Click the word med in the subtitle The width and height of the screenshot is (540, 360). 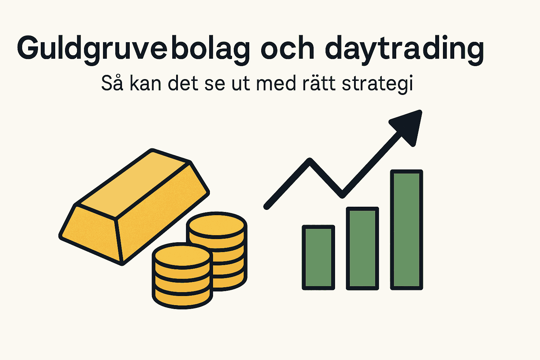(x=276, y=84)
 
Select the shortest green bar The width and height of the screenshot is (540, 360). (x=319, y=257)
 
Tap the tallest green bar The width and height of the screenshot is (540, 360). (x=407, y=230)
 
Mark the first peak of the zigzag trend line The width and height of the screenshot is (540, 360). (x=310, y=161)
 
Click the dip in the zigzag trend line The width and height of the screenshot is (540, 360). (x=342, y=194)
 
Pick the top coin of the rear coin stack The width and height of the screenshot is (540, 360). (x=217, y=225)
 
